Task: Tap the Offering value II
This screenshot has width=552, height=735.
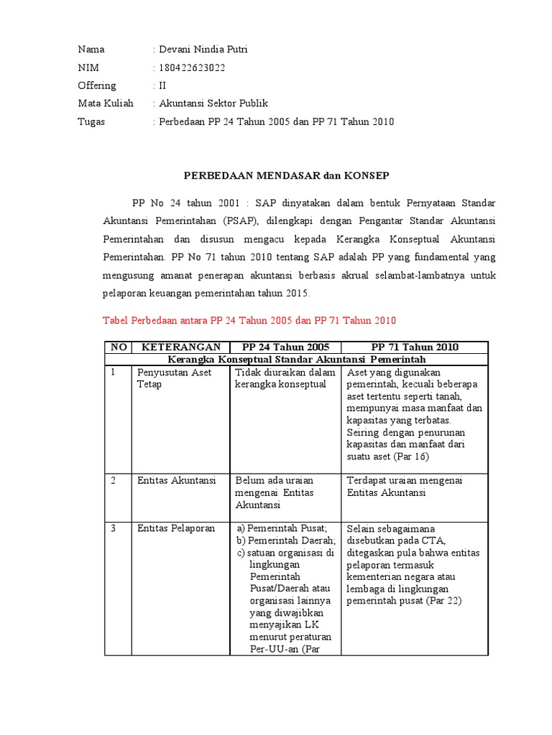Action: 162,85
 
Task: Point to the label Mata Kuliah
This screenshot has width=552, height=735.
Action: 106,103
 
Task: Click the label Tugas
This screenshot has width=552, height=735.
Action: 91,121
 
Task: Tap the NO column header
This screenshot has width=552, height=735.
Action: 119,347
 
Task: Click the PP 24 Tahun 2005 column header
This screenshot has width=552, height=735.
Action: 285,347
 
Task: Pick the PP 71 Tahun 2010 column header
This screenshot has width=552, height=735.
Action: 415,347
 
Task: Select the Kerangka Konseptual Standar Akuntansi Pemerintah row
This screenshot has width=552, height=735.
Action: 296,359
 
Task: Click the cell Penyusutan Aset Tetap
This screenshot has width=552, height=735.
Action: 174,378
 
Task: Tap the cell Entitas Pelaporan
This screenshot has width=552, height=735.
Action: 176,528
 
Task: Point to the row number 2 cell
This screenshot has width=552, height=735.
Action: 114,480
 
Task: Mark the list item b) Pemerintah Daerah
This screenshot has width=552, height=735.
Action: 286,540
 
